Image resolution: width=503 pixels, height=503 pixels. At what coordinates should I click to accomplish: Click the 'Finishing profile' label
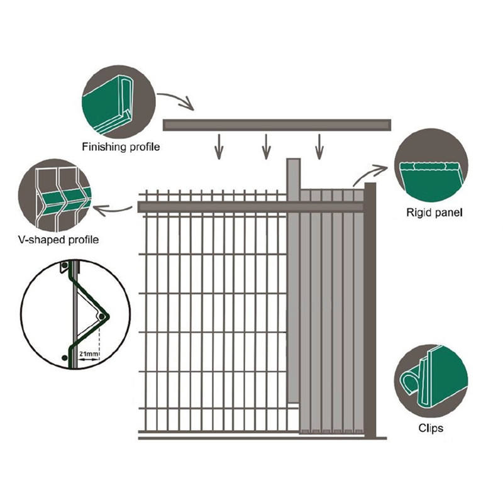point(121,148)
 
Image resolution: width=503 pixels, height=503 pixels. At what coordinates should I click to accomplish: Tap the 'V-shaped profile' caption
point(59,240)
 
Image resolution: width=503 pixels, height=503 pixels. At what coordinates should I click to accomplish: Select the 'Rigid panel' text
point(434,213)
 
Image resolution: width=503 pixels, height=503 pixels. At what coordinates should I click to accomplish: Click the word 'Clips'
point(431,429)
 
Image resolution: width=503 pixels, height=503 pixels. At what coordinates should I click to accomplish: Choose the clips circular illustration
point(431,380)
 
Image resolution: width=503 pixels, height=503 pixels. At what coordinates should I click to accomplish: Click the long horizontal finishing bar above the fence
point(277,125)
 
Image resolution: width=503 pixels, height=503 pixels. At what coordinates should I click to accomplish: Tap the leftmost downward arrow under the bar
point(218,146)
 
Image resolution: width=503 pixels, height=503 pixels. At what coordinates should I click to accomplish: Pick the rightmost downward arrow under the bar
point(319,146)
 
